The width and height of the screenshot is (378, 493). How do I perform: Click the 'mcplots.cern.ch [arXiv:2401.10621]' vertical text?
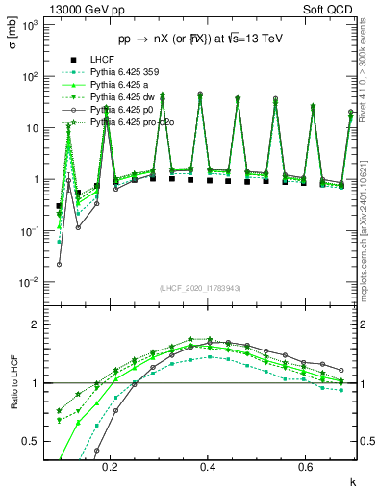(371, 221)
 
